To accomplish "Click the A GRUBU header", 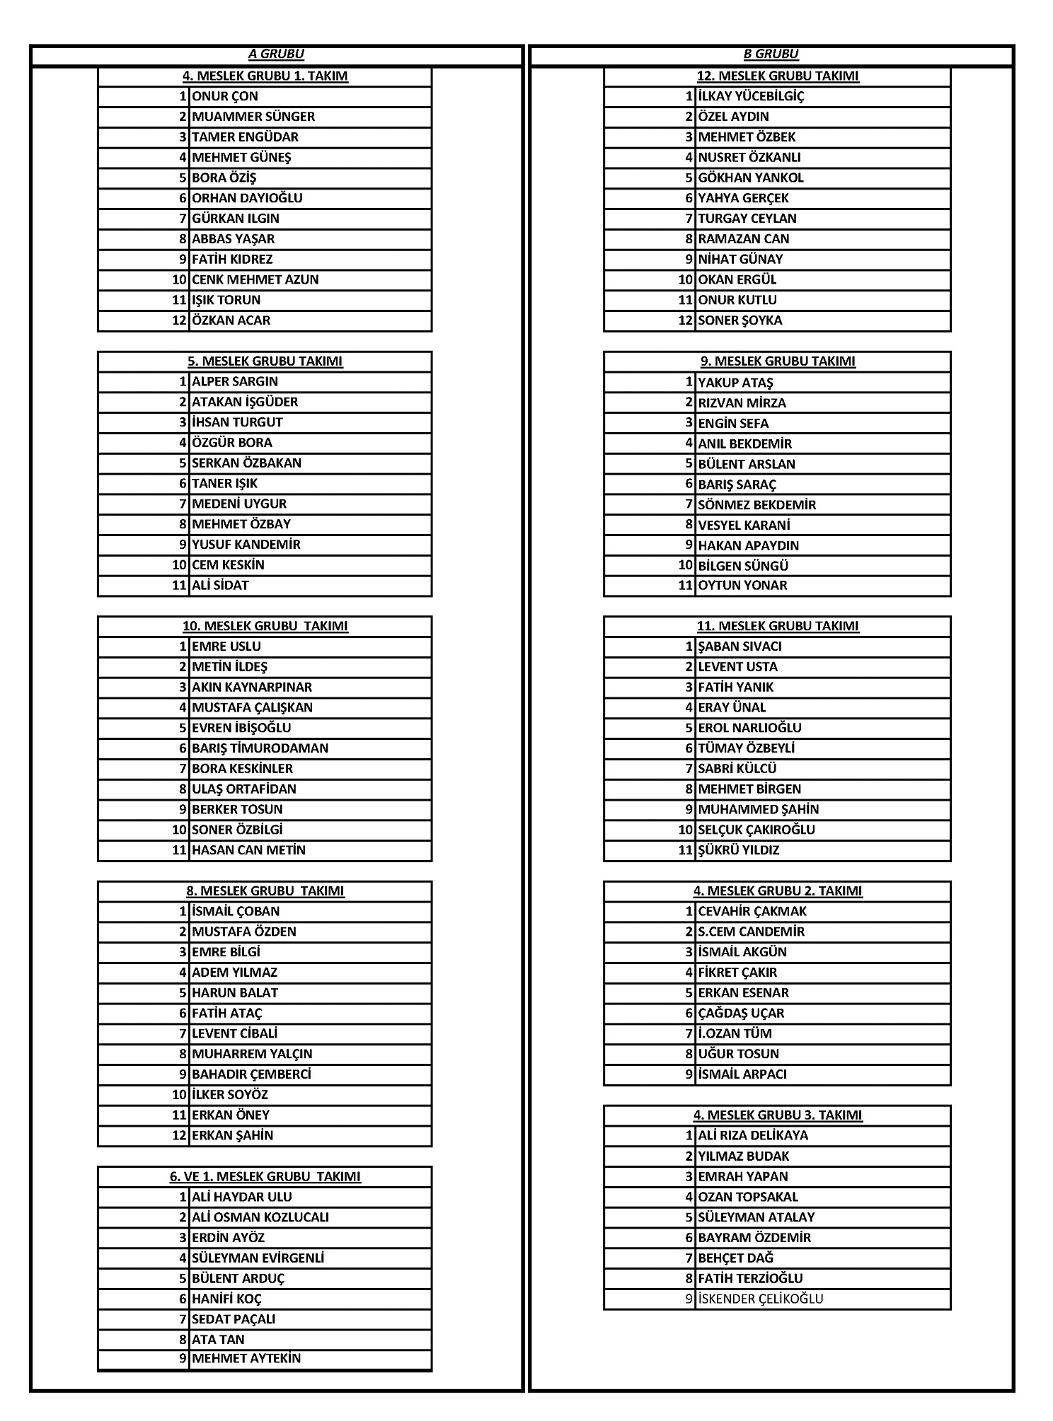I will point(276,54).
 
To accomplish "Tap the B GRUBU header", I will point(771,54).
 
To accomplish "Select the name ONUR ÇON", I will point(225,96).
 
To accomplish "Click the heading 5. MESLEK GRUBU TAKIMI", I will point(265,361).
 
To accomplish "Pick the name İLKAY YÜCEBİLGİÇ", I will point(751,96).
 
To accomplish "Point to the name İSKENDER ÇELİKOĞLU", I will point(761,1299).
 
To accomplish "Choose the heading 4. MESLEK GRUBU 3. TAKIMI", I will point(778,1115).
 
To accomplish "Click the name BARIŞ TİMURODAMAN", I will point(260,748).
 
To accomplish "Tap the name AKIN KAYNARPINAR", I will point(252,687).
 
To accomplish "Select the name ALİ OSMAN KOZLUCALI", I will point(260,1217).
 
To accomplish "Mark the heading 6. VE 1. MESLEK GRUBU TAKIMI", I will point(265,1177).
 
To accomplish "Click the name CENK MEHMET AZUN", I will point(255,279).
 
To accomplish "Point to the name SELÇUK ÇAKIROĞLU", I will point(756,830).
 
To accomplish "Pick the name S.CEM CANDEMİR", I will point(751,932).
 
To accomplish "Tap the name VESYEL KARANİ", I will point(744,525).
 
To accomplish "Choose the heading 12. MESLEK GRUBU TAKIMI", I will point(778,76).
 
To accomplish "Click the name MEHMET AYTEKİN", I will point(246,1359).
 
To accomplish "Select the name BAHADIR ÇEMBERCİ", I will point(251,1074).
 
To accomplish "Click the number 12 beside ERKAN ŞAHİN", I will point(180,1135).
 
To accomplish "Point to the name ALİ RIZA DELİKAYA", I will point(753,1136).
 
